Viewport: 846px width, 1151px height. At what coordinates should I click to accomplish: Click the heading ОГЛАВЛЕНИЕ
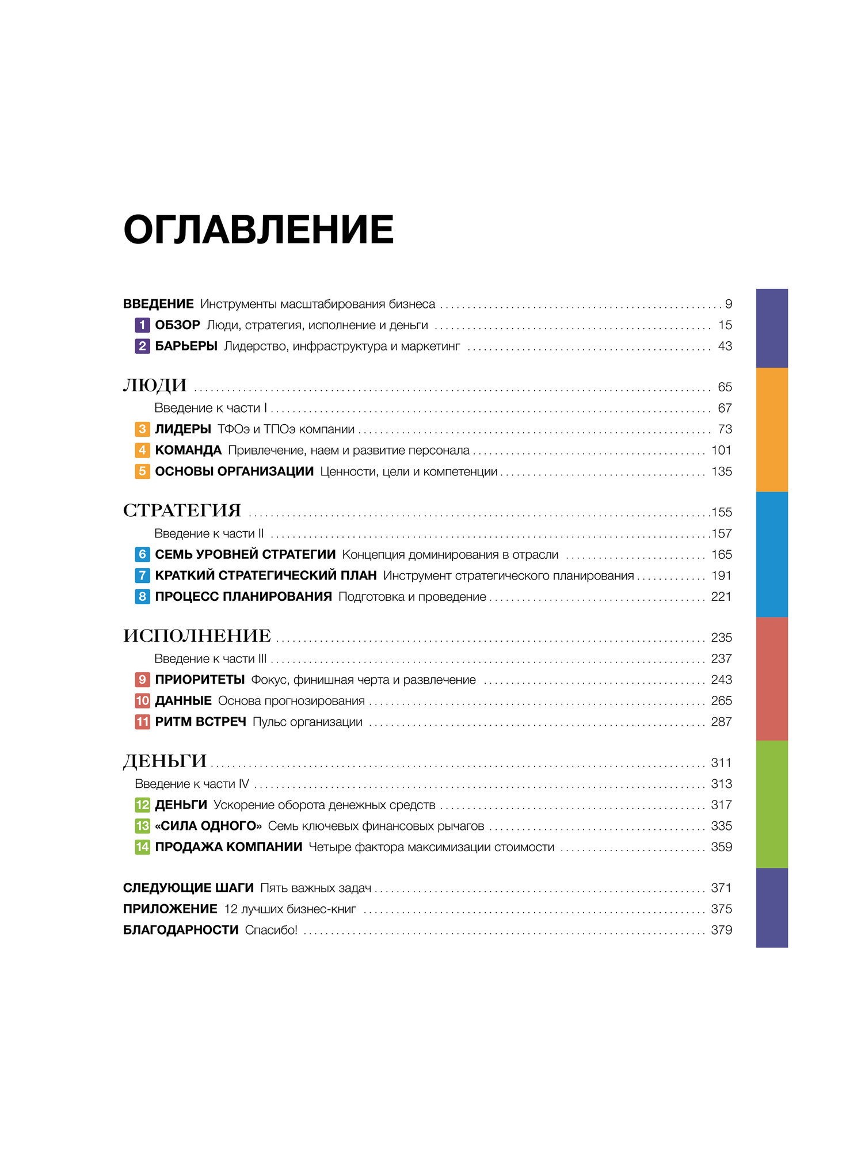point(258,230)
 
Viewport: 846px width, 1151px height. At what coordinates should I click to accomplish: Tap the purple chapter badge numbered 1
point(142,325)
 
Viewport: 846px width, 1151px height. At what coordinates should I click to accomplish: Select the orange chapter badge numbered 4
point(142,450)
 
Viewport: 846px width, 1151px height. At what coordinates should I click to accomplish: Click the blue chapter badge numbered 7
point(142,575)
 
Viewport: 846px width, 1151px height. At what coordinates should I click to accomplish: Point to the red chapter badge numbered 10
point(142,700)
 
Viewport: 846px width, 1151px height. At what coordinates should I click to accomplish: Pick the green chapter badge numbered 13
point(142,826)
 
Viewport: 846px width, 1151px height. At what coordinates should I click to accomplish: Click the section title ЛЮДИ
point(155,385)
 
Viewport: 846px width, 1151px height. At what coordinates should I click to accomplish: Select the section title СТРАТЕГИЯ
point(182,510)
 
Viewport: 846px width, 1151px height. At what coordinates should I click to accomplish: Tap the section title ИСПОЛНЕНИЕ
point(197,635)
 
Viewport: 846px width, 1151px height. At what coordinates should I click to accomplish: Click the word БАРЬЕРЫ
point(186,346)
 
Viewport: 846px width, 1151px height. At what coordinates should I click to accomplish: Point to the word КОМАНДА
point(188,450)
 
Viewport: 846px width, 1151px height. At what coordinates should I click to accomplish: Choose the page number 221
point(721,596)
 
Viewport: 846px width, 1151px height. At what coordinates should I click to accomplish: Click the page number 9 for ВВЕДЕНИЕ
point(728,304)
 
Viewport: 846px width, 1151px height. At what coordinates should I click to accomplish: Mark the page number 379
point(721,930)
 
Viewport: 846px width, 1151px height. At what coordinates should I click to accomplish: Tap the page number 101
point(721,450)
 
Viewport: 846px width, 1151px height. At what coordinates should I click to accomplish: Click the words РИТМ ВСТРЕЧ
point(200,722)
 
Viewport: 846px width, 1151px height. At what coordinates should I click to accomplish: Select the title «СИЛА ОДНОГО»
point(208,826)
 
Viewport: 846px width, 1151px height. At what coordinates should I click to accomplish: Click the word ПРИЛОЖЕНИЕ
point(170,909)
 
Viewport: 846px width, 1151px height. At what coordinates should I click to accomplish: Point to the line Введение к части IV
point(192,784)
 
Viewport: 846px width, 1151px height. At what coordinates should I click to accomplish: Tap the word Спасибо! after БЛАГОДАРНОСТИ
point(271,930)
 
